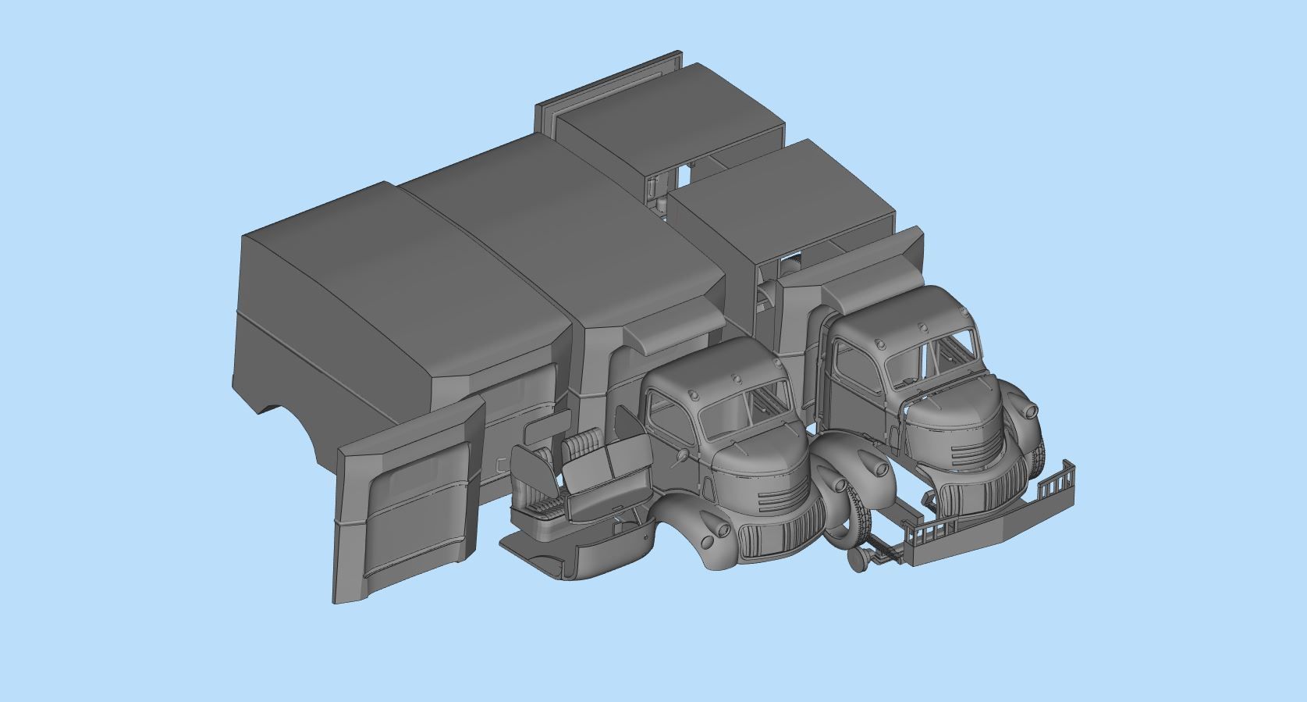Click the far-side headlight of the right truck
(1030, 411)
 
